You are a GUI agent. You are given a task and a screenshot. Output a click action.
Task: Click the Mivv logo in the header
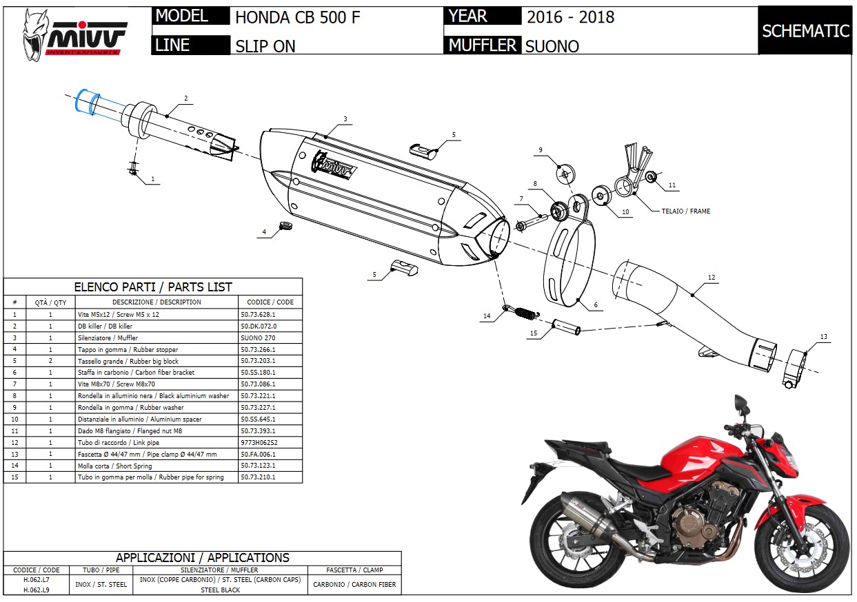coord(76,34)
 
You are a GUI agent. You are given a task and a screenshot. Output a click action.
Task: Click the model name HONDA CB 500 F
coord(297,17)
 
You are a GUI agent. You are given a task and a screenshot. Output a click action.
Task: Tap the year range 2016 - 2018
coord(570,17)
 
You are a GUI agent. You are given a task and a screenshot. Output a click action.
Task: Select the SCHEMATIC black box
coord(805,31)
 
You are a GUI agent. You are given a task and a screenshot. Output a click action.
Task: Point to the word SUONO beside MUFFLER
coord(552,46)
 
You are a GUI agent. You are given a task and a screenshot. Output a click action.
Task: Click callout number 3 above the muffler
coord(345,119)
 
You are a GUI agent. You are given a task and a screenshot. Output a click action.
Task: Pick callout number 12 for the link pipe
coord(712,278)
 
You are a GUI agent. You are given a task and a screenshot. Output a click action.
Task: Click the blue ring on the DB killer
coord(85,101)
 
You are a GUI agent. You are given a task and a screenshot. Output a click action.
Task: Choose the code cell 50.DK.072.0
coord(259,326)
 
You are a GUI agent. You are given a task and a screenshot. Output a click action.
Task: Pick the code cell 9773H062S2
coord(259,442)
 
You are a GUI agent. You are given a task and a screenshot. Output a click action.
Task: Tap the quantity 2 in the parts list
coord(50,361)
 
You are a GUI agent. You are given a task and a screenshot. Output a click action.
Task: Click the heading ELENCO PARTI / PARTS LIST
coord(153,287)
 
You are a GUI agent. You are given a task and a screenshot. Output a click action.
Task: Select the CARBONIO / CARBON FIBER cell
coord(354,585)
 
